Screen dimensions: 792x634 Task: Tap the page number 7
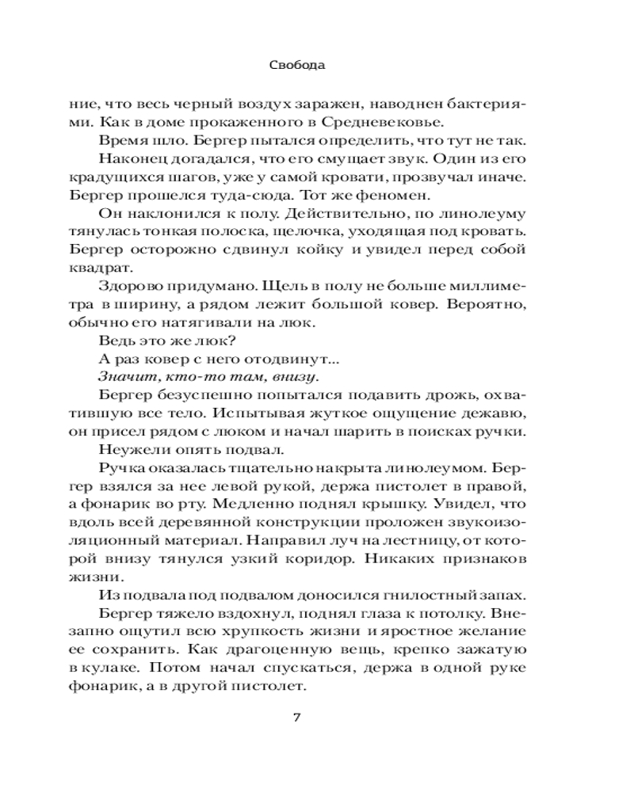297,718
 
